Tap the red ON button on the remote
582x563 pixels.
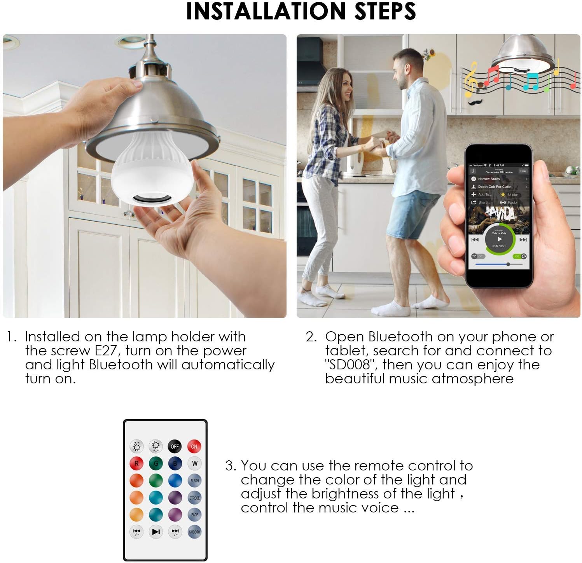click(x=194, y=446)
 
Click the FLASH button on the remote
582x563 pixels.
click(x=194, y=481)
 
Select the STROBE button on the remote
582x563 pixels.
click(x=194, y=498)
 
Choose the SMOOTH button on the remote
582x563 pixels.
click(x=194, y=532)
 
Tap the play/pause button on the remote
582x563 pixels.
click(x=156, y=531)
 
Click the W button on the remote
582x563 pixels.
click(x=194, y=463)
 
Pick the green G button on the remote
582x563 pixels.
click(x=156, y=463)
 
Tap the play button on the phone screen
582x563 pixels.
click(x=499, y=239)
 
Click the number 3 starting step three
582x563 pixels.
click(x=229, y=466)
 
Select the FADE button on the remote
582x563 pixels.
click(x=194, y=514)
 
